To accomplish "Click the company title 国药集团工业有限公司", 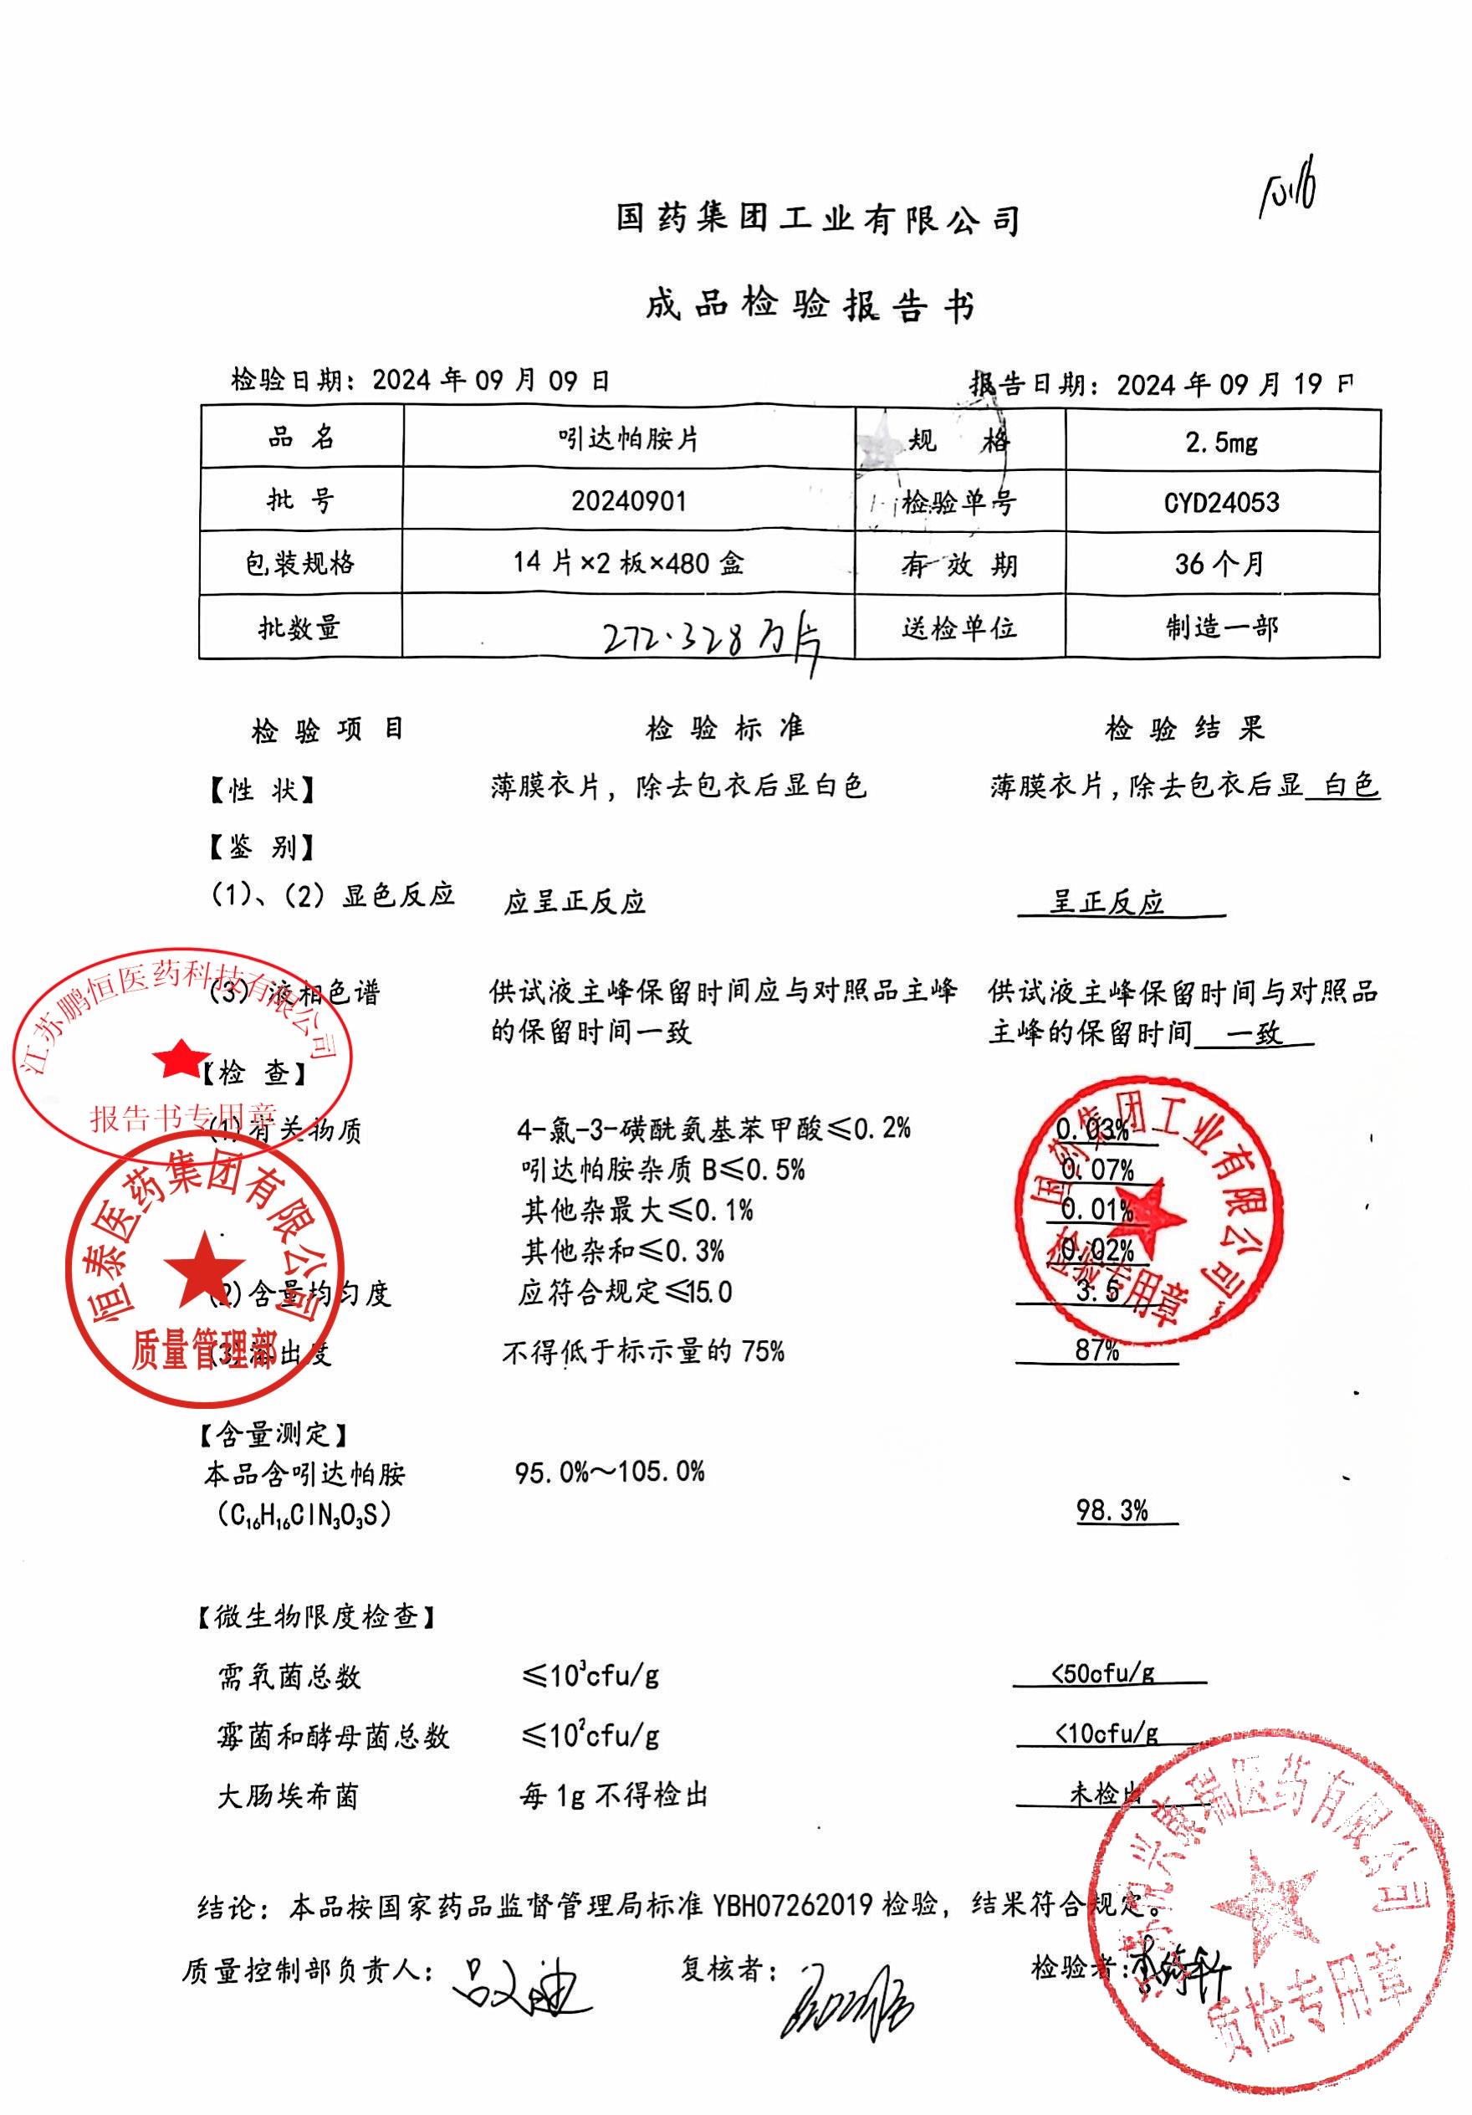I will click(x=817, y=219).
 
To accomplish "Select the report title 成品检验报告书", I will click(x=810, y=305).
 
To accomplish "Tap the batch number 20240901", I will click(x=628, y=501).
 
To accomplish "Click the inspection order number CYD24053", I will click(x=1221, y=503).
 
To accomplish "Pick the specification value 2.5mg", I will click(x=1221, y=443).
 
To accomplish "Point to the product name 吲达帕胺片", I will click(x=628, y=439).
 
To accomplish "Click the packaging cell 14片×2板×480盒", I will click(x=628, y=563).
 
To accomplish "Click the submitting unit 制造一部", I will click(x=1221, y=627).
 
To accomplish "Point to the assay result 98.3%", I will click(x=1112, y=1511).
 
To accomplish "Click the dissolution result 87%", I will click(x=1096, y=1350).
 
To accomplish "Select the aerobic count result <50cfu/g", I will click(x=1102, y=1674).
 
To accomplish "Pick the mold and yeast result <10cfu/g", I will click(x=1106, y=1733).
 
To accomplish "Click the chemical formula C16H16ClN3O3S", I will click(x=304, y=1514).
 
